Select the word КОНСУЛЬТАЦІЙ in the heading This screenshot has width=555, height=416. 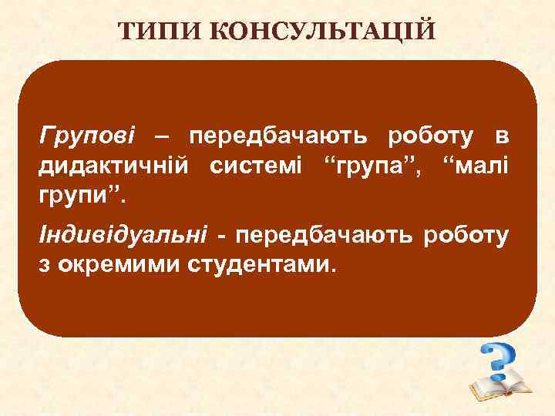tap(324, 32)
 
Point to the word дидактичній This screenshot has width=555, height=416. tap(116, 165)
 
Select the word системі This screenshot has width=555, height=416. tap(255, 165)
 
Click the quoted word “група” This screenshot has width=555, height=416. tap(368, 165)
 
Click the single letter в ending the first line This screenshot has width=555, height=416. tap(501, 137)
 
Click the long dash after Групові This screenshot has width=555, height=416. tap(163, 137)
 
